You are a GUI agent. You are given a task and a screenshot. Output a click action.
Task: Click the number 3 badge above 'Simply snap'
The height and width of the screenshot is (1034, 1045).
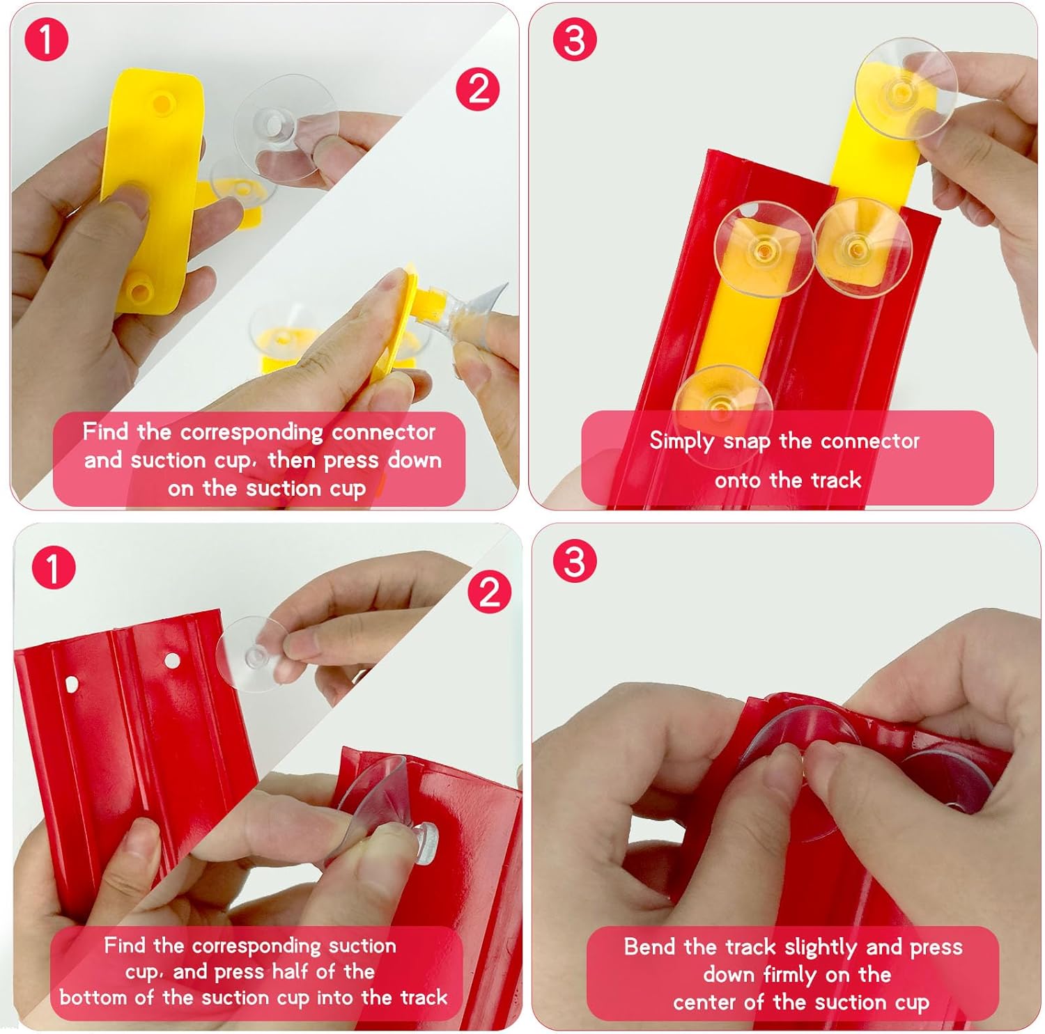(x=575, y=39)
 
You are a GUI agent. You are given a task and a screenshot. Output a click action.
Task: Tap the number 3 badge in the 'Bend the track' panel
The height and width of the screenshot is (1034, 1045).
(x=575, y=560)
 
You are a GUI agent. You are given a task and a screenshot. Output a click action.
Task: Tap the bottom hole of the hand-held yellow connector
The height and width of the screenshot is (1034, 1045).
(x=139, y=291)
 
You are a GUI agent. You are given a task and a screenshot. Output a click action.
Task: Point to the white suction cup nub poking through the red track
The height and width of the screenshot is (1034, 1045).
(x=426, y=843)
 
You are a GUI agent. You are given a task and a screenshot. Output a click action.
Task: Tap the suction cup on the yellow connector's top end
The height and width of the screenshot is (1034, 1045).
(x=906, y=88)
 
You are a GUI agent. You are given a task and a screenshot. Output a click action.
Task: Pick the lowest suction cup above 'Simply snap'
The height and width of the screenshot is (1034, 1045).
(x=722, y=404)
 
